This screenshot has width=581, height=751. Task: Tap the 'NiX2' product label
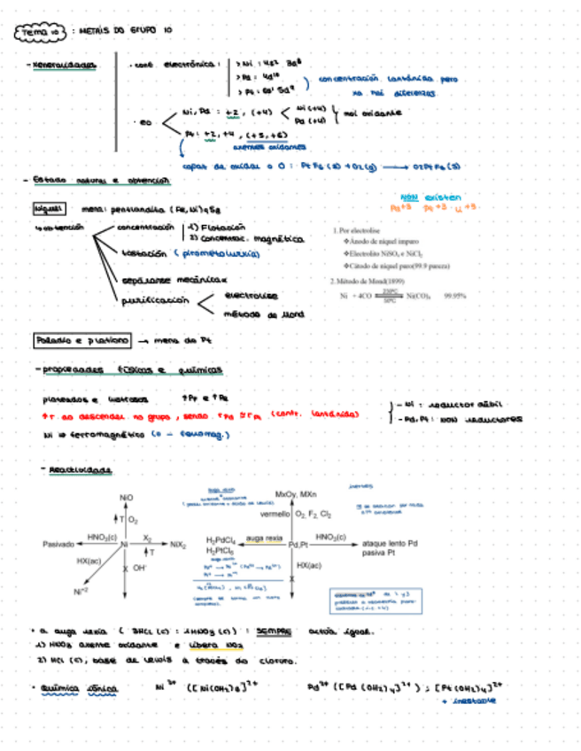[x=178, y=544]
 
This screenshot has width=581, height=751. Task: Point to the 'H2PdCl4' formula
[x=222, y=539]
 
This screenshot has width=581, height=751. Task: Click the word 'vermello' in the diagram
[x=276, y=514]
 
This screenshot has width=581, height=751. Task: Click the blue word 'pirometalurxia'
[x=218, y=253]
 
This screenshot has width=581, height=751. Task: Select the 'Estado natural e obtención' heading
[x=99, y=181]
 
